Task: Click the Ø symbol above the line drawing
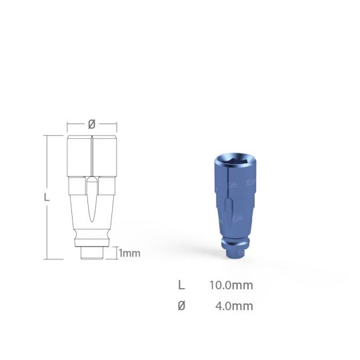tap(92, 124)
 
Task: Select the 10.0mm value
tap(231, 285)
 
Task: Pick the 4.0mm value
tap(234, 307)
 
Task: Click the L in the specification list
tap(181, 285)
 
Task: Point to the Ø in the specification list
tap(181, 307)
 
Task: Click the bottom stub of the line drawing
tap(91, 254)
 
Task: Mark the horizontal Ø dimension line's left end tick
tap(67, 125)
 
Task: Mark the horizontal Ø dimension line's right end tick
tap(117, 125)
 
